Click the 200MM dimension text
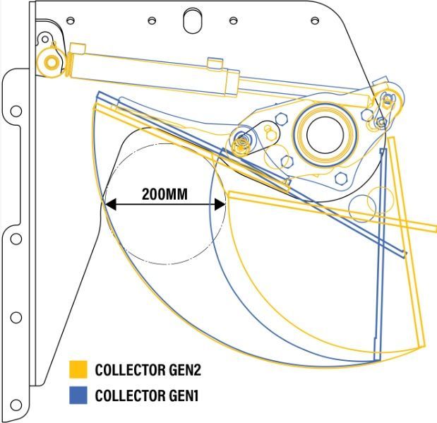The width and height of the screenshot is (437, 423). pyautogui.click(x=164, y=194)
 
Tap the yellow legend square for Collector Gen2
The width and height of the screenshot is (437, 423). pyautogui.click(x=78, y=369)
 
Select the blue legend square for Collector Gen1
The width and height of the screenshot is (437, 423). pyautogui.click(x=78, y=395)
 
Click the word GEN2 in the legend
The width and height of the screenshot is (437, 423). pyautogui.click(x=185, y=370)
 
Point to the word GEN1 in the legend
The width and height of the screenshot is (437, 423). pyautogui.click(x=184, y=395)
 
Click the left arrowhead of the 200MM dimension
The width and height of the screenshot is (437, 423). pyautogui.click(x=110, y=205)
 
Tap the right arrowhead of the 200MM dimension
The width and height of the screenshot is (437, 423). pyautogui.click(x=220, y=205)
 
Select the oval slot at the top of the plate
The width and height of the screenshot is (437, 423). pyautogui.click(x=193, y=20)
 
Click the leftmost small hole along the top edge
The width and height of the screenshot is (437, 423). pyautogui.click(x=71, y=20)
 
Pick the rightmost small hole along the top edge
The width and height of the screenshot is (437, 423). pyautogui.click(x=315, y=20)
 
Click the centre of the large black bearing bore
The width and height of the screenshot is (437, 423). pyautogui.click(x=325, y=135)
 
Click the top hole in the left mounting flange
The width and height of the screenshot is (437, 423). pyautogui.click(x=16, y=111)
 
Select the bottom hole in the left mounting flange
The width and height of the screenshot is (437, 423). pyautogui.click(x=16, y=405)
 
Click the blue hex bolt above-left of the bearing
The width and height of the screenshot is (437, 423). pyautogui.click(x=281, y=119)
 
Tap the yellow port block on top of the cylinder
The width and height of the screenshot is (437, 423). pyautogui.click(x=215, y=63)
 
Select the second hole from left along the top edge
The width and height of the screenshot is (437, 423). pyautogui.click(x=152, y=20)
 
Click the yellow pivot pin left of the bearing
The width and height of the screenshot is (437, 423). pyautogui.click(x=241, y=145)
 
